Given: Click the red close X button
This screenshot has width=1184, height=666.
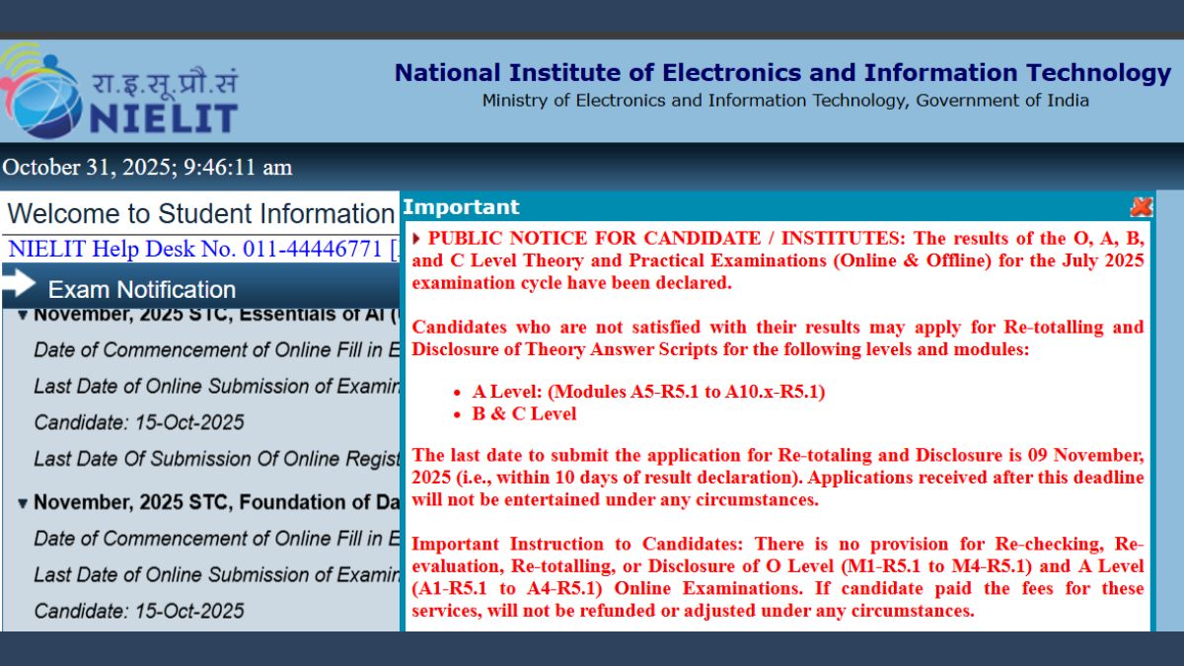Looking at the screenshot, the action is [1142, 206].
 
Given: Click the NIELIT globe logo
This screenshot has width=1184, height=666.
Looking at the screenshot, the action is [41, 91].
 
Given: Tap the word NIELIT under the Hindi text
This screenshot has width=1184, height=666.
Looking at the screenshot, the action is [164, 117].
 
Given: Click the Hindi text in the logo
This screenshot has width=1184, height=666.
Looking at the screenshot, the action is [165, 82].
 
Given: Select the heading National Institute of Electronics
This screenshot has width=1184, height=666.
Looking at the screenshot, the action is [782, 73].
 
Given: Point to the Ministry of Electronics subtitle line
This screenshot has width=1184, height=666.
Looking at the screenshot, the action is [785, 101].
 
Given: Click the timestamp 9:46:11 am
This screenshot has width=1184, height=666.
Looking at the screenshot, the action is [238, 167].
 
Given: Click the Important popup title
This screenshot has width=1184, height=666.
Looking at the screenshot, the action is [462, 206].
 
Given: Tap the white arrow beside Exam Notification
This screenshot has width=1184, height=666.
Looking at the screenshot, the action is [19, 283].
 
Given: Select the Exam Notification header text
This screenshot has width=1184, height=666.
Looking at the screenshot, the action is [142, 290].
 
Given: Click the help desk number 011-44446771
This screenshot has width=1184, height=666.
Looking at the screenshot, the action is [313, 249].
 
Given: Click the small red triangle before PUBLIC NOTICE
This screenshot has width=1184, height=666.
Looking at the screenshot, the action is [416, 239].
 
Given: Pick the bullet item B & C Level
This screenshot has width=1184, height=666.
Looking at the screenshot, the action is [524, 413].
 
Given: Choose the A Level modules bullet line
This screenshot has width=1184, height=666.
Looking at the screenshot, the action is [648, 391].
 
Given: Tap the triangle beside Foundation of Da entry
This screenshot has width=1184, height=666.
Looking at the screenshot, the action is [22, 502].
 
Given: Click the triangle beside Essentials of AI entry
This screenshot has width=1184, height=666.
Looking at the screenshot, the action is [22, 316].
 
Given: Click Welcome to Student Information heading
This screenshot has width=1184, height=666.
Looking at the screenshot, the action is [201, 214].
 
